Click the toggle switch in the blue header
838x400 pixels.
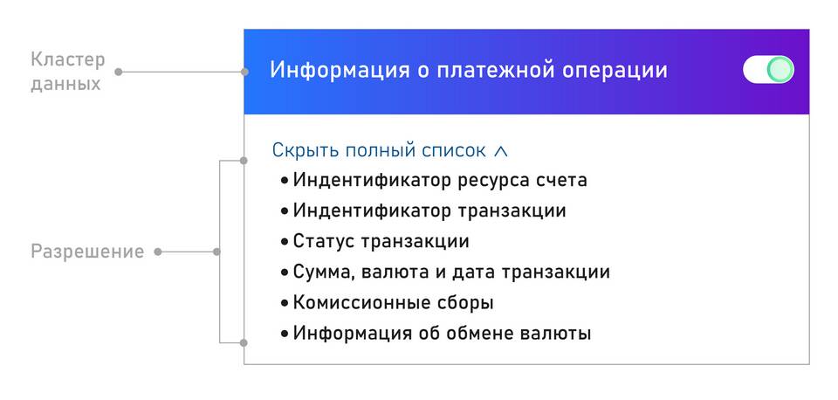768,70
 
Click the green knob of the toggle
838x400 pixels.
780,70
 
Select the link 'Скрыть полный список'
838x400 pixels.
379,150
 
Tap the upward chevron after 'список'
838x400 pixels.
500,151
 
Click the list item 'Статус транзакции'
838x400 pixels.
381,241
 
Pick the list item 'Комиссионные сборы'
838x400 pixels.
393,303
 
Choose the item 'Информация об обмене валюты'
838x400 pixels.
442,334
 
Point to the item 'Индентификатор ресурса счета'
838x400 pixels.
440,180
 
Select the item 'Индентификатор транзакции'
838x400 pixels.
429,210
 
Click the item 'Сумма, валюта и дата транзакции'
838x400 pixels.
451,272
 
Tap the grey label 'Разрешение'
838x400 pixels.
87,252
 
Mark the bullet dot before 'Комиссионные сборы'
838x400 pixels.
285,303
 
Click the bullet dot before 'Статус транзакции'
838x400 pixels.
285,242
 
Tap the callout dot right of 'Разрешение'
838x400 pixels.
158,252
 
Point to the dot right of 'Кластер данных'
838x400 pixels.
118,71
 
